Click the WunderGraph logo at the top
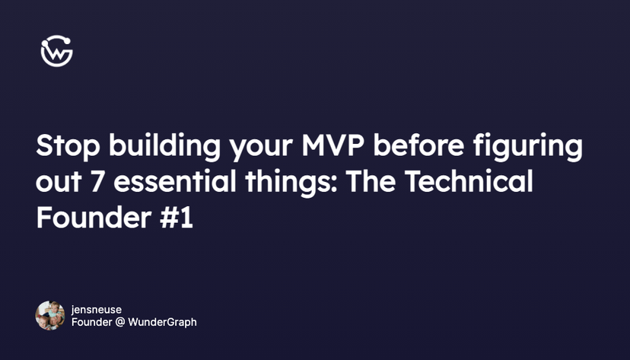(56, 52)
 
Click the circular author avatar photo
(50, 315)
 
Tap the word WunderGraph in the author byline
(164, 322)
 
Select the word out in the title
(58, 183)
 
